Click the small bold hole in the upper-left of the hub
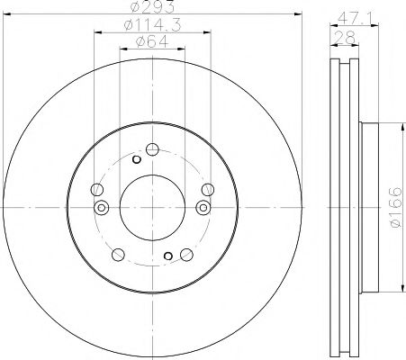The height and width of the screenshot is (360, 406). pyautogui.click(x=136, y=160)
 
